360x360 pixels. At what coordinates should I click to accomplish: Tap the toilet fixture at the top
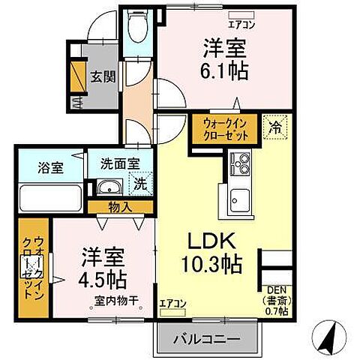point(136,30)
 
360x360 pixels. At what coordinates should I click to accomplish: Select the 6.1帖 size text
point(225,72)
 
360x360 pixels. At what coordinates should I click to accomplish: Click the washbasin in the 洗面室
point(110,187)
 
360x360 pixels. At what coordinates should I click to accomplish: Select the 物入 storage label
point(120,207)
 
